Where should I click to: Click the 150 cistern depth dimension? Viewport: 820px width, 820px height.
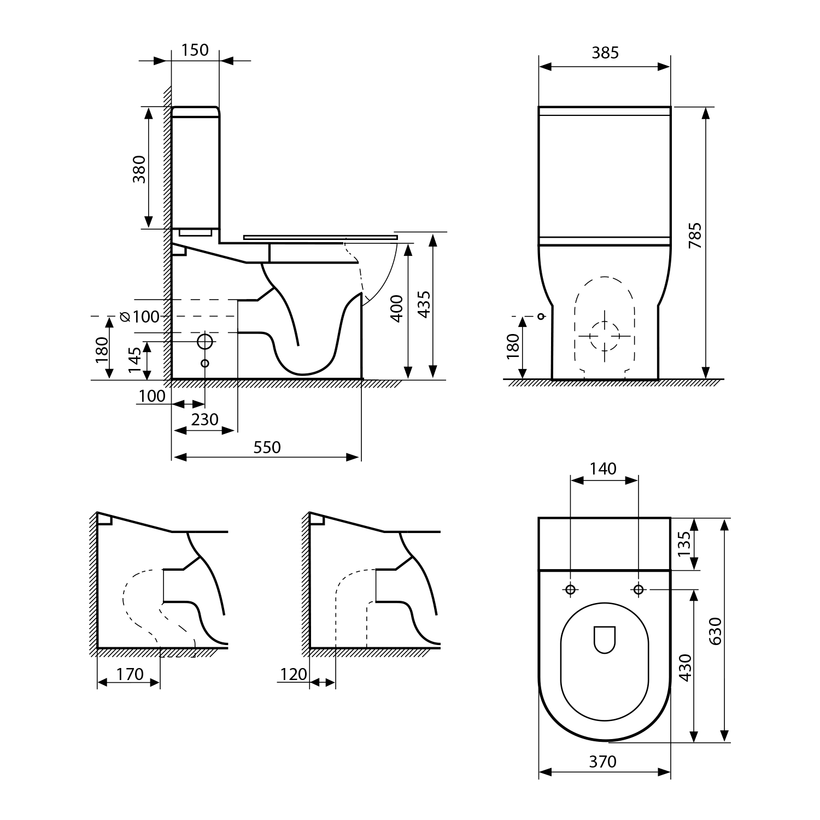tap(195, 50)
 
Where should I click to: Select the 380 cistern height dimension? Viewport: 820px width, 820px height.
tap(139, 169)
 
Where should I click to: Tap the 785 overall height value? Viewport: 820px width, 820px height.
tap(695, 236)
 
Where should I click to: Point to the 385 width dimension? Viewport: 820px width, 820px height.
tap(605, 52)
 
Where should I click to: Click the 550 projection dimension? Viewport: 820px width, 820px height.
tap(267, 447)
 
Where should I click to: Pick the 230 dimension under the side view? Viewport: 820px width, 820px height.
tap(205, 419)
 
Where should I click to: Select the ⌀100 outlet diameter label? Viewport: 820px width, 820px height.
tap(139, 317)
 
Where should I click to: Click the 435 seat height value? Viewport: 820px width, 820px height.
tap(424, 304)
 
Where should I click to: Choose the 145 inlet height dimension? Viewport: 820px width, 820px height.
tap(135, 360)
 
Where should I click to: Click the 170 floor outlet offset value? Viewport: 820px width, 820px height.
tap(130, 674)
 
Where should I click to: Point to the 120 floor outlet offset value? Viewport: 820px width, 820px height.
tap(294, 674)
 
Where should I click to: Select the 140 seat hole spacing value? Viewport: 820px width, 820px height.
tap(603, 468)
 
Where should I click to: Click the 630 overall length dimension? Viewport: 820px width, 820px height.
tap(717, 630)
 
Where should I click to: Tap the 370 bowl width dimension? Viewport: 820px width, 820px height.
tap(603, 762)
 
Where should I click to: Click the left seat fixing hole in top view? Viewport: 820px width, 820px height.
tap(570, 589)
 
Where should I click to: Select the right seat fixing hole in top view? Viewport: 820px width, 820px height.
tap(638, 589)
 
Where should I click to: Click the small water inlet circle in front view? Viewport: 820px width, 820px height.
tap(541, 317)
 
